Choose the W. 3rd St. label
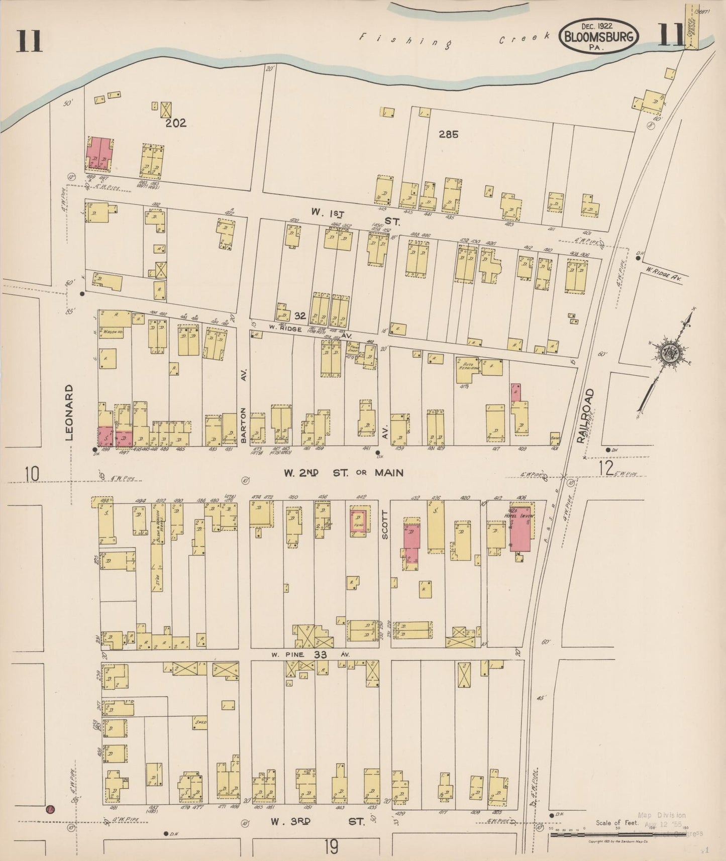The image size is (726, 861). pos(317,822)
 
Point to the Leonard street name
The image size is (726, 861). pos(69,412)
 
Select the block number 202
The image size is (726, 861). pos(176,123)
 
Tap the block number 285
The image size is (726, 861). pos(448,134)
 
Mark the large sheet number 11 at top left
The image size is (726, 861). pos(29,41)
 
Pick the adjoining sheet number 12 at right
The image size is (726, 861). pos(606,468)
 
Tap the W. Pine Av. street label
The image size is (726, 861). pos(312,655)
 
